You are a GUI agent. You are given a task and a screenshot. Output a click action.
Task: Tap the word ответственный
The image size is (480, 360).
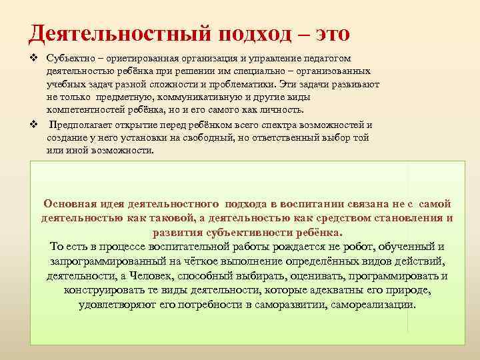coord(275,138)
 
